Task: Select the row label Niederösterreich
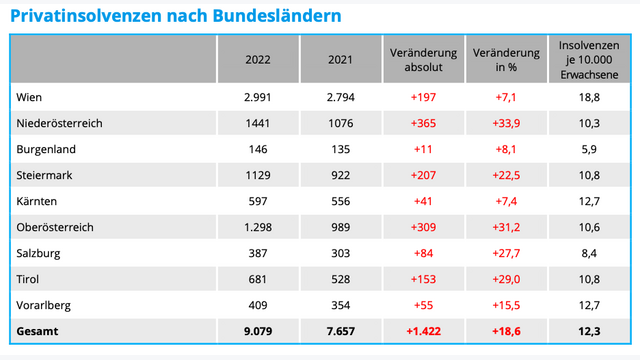click(61, 123)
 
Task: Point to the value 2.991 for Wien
click(258, 97)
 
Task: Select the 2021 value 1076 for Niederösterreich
click(340, 123)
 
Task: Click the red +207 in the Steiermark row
click(423, 175)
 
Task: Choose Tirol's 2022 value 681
click(258, 279)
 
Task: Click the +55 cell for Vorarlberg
click(423, 305)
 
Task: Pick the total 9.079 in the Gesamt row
click(258, 331)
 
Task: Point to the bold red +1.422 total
click(423, 331)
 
